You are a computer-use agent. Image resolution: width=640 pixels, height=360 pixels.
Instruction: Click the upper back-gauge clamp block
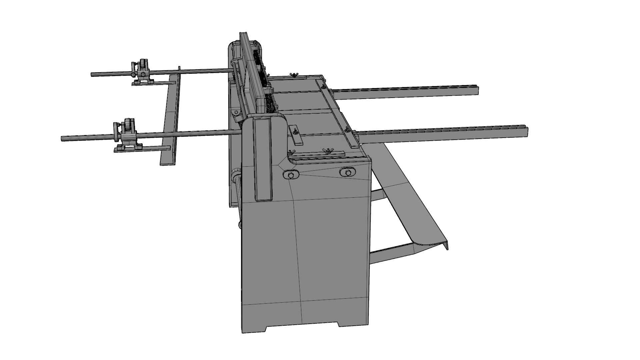[x=141, y=71]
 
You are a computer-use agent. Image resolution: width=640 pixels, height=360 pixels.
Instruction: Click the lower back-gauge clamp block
[x=126, y=135]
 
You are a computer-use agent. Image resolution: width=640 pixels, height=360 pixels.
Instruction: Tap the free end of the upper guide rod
[x=93, y=74]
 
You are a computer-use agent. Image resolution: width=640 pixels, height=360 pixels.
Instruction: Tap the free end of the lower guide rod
[x=63, y=137]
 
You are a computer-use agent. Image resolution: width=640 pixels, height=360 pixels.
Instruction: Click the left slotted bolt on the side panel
[x=291, y=175]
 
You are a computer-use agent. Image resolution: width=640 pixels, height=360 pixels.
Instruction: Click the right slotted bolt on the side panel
[x=348, y=172]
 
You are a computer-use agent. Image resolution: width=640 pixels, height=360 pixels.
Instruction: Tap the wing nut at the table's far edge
[x=294, y=74]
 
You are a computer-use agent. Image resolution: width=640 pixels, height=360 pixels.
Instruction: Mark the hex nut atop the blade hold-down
[x=269, y=89]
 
